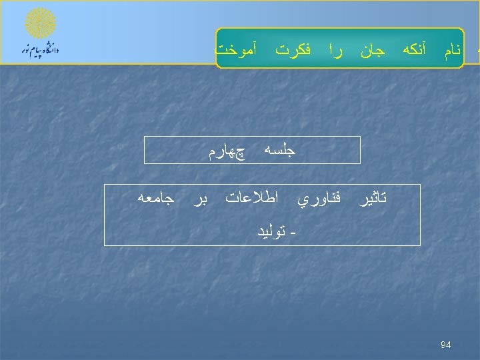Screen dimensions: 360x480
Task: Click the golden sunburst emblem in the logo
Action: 40,23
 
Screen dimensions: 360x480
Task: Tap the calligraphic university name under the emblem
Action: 40,49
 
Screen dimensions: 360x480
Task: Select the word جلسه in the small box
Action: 279,151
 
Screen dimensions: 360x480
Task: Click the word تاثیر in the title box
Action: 373,198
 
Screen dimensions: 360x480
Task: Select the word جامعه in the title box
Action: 156,198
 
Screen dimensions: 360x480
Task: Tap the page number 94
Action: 446,345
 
